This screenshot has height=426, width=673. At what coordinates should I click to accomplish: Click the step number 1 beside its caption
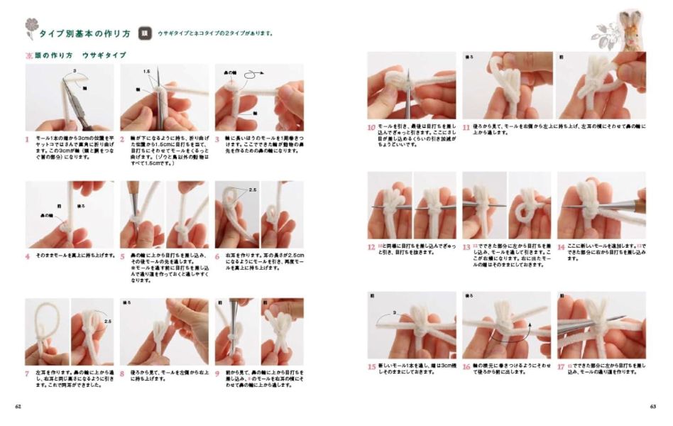click(28, 140)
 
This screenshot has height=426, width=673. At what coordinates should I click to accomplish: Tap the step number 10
click(371, 129)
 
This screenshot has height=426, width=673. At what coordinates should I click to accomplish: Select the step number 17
click(561, 367)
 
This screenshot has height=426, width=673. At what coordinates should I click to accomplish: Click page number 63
click(652, 407)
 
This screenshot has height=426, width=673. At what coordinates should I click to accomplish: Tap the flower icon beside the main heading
click(30, 28)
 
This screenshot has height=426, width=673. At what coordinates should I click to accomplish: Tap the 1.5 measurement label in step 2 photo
click(146, 72)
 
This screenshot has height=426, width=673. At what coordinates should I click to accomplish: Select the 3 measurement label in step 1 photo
click(74, 72)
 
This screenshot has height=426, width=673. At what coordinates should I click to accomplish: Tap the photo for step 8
click(164, 331)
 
